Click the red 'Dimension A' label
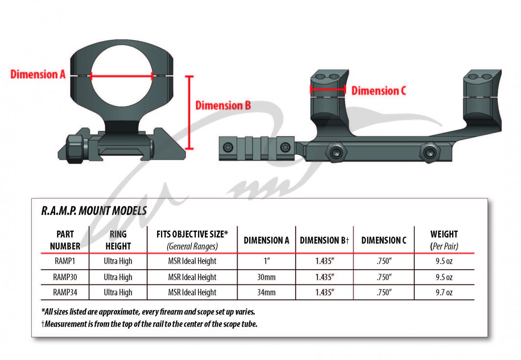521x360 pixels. [x=38, y=74]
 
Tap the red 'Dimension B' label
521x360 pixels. [x=223, y=106]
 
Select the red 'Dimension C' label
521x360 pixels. [x=379, y=91]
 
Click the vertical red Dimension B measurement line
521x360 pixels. [x=189, y=112]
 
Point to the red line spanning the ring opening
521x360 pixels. [x=122, y=76]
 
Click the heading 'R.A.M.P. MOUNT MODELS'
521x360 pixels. [x=94, y=211]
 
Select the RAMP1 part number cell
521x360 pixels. [x=65, y=261]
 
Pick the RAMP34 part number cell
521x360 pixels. [x=65, y=292]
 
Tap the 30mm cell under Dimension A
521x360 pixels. [x=266, y=277]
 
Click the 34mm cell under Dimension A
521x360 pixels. [x=266, y=292]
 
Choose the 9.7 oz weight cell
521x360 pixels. [x=444, y=292]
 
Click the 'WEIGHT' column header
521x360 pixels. [x=444, y=234]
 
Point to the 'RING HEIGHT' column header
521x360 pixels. [x=118, y=240]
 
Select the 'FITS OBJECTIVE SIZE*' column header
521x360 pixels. [x=192, y=234]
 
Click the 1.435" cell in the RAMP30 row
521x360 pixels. [x=324, y=277]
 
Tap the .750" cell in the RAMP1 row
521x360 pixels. [x=384, y=261]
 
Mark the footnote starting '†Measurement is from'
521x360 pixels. [x=149, y=324]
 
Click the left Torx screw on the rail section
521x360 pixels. [x=227, y=147]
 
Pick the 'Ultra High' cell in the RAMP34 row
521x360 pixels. [x=118, y=292]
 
